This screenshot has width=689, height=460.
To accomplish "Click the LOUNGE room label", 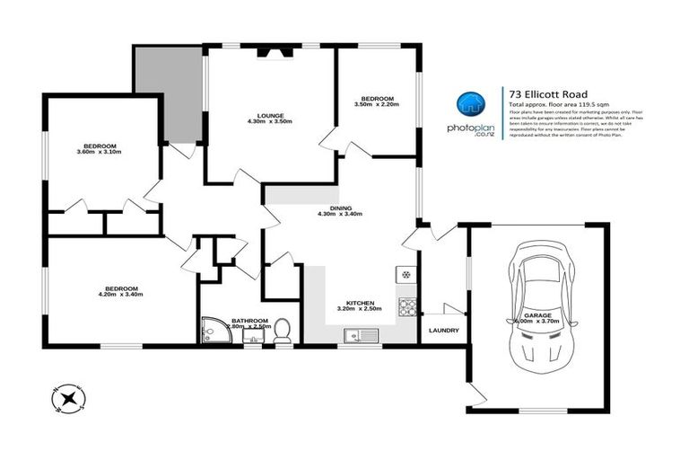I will click(x=270, y=116).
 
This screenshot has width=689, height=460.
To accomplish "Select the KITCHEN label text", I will click(x=360, y=304).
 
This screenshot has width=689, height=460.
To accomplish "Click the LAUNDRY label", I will click(x=443, y=331).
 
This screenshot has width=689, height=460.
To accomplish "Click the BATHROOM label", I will click(x=249, y=321).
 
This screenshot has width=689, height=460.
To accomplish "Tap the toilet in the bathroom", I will click(x=282, y=331).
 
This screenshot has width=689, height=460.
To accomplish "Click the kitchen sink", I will click(x=359, y=336).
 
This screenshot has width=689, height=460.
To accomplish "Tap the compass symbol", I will click(x=68, y=396).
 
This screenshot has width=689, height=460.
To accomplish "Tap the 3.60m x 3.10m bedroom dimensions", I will click(x=100, y=152).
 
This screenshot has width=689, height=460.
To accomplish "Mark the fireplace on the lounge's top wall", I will click(x=270, y=52).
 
